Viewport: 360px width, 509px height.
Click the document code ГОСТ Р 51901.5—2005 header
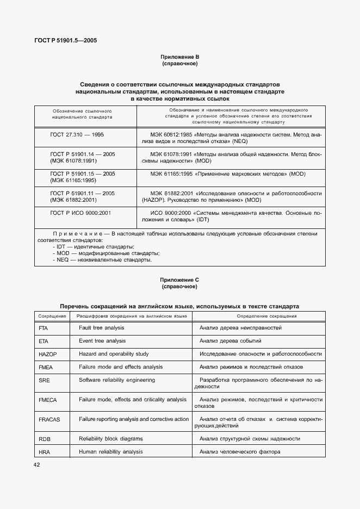66,40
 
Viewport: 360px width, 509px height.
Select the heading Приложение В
179,57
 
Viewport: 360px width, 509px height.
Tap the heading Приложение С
179,280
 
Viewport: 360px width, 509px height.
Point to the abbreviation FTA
44,329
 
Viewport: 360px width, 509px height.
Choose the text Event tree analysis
102,341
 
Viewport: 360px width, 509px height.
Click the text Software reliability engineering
117,380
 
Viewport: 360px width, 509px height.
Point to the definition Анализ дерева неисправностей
240,328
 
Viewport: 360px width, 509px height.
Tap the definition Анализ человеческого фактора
240,452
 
